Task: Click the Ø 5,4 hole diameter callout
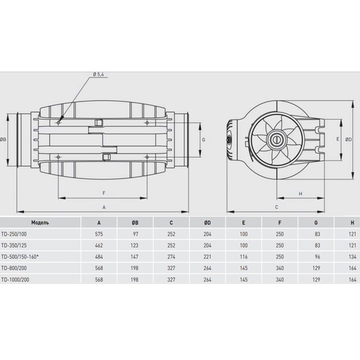[98, 74]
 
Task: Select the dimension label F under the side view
[104, 193]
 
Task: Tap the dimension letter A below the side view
[104, 208]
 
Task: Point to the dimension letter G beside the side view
[203, 140]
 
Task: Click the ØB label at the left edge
[3, 139]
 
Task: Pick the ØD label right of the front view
[348, 139]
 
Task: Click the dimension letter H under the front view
[301, 194]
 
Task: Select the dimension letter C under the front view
[277, 207]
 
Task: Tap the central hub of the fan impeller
[277, 139]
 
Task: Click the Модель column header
[40, 223]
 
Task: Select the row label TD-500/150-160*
[20, 257]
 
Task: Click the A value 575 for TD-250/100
[99, 234]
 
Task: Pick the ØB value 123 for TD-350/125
[134, 245]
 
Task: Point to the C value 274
[171, 257]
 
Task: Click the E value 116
[244, 257]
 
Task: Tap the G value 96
[317, 257]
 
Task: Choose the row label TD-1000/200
[15, 280]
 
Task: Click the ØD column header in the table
[207, 223]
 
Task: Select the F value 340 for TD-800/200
[280, 268]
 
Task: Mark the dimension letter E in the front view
[338, 139]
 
